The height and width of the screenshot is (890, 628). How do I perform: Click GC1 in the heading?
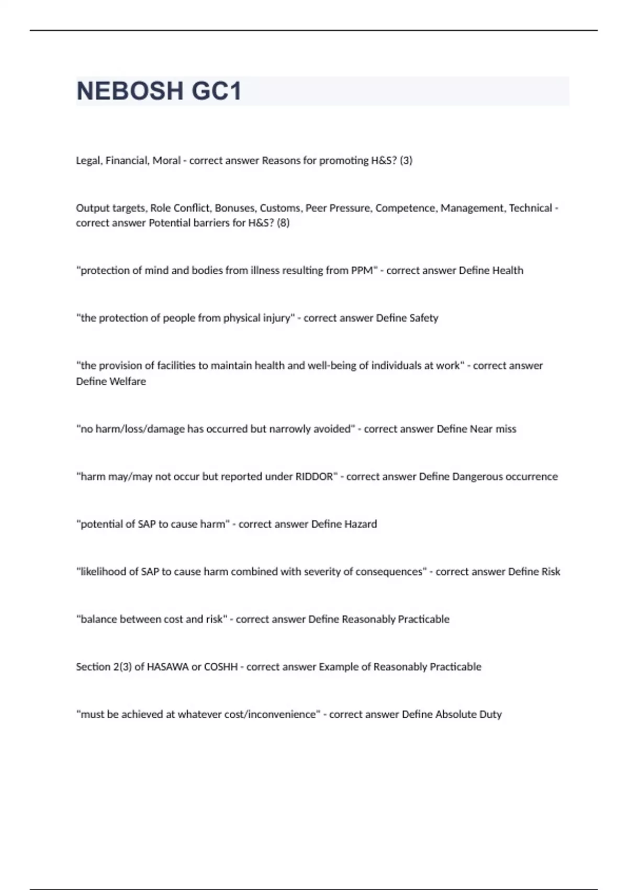[216, 91]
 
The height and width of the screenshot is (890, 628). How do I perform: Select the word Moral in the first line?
[166, 161]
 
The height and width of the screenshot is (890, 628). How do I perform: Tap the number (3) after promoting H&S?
[406, 161]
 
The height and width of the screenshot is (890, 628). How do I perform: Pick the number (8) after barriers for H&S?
[283, 223]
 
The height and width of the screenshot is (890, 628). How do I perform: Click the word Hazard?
[360, 525]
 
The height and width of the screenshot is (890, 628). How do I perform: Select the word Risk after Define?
[551, 572]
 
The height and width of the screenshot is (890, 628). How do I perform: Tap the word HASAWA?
[168, 667]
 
